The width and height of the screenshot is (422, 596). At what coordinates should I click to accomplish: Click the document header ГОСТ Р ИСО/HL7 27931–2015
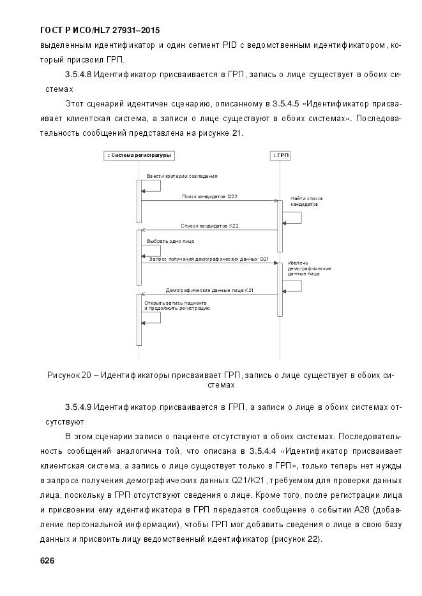pos(100,30)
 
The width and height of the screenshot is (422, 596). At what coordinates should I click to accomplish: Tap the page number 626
pos(47,560)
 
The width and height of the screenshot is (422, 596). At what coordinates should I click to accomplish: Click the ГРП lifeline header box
pos(280,155)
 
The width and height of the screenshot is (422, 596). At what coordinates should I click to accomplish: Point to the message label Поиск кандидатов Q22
pos(209,196)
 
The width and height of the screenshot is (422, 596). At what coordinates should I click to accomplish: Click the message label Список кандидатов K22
pos(209,226)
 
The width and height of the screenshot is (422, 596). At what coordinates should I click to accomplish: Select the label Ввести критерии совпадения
pos(182,175)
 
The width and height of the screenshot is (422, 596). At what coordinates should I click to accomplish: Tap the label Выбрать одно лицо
pos(170,242)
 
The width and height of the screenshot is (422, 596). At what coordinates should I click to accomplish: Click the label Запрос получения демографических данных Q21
pos(209,259)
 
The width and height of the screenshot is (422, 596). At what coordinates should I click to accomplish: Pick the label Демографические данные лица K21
pos(209,290)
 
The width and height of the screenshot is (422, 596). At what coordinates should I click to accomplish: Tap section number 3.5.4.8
pos(79,75)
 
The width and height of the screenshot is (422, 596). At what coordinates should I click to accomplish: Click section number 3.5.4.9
pos(79,407)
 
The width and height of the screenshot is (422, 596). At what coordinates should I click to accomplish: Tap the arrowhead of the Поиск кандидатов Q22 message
pos(275,201)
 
